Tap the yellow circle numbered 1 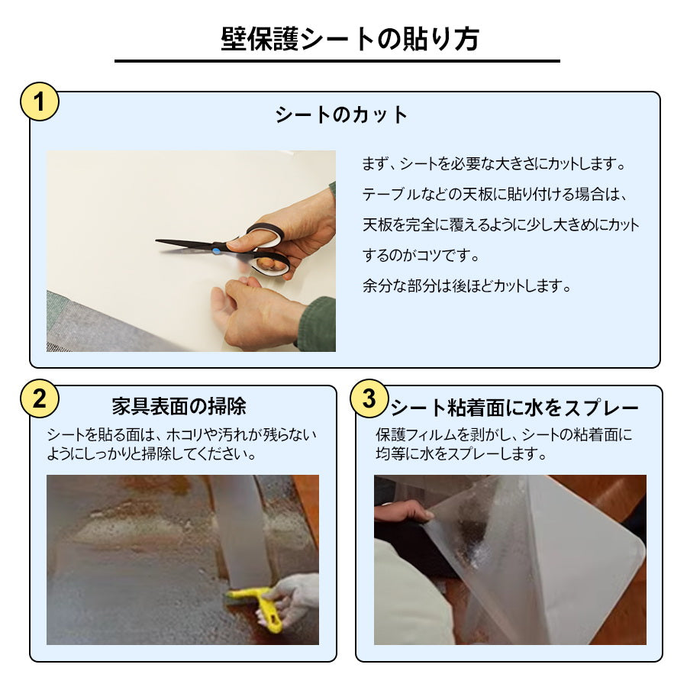[39, 102]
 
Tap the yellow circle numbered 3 [368, 398]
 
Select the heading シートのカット [342, 115]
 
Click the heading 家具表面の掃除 [179, 405]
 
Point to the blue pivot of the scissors [216, 250]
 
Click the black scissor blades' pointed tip [159, 242]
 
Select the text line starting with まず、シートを [493, 164]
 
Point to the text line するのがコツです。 [427, 256]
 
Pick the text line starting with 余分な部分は [466, 287]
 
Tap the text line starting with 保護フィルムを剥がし [504, 435]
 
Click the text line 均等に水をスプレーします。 [461, 454]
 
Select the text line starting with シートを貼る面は [181, 435]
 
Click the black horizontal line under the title [337, 61]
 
